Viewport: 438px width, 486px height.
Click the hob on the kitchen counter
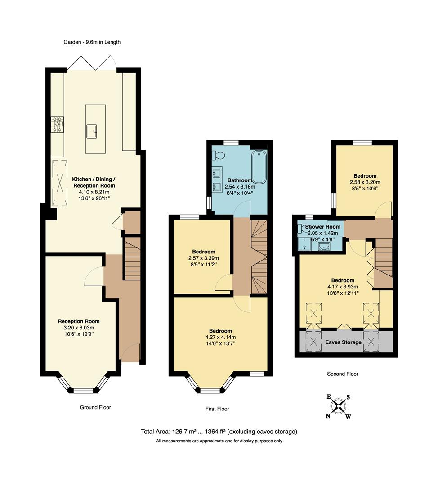(x=57, y=124)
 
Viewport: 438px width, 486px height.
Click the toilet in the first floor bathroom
(x=219, y=155)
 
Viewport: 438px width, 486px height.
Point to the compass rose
(x=338, y=407)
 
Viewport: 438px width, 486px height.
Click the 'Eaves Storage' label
(x=343, y=342)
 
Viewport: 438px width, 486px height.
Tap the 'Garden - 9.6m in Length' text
(x=92, y=42)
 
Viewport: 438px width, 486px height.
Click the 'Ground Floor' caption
(x=95, y=407)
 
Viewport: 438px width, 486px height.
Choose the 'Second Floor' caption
(x=343, y=373)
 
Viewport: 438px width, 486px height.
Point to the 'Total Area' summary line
(x=219, y=432)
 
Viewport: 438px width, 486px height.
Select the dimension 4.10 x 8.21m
(x=94, y=192)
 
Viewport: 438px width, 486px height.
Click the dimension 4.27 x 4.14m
(x=220, y=337)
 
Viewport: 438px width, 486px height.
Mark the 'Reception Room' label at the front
(x=79, y=321)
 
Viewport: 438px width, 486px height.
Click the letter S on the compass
(x=348, y=397)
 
